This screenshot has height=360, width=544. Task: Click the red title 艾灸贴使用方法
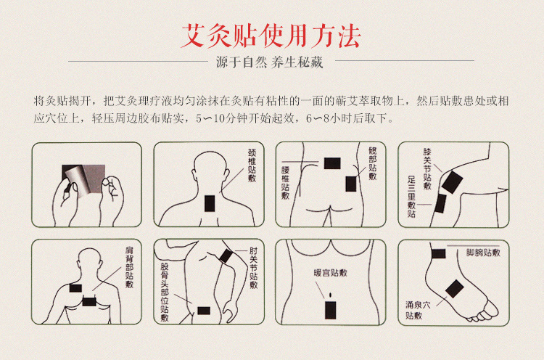click(x=271, y=34)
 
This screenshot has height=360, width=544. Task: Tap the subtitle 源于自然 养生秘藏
click(x=269, y=62)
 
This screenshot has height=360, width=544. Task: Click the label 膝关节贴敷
click(x=428, y=169)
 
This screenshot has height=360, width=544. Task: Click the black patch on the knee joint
click(x=452, y=181)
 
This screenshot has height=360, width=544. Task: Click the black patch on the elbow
click(x=225, y=256)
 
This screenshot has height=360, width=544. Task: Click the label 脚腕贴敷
click(x=482, y=253)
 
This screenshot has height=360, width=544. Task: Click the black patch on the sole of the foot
click(x=454, y=292)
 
